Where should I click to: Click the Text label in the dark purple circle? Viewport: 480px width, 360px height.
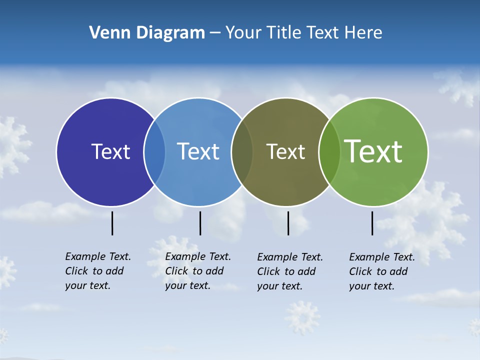pyautogui.click(x=110, y=151)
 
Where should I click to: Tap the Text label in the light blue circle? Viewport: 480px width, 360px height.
pyautogui.click(x=198, y=151)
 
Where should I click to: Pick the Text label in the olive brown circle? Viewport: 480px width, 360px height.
pyautogui.click(x=285, y=151)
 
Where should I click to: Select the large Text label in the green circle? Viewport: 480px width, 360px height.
pyautogui.click(x=373, y=151)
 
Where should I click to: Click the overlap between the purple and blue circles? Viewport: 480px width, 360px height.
pyautogui.click(x=154, y=152)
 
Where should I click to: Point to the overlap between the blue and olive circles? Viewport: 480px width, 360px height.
pyautogui.click(x=242, y=152)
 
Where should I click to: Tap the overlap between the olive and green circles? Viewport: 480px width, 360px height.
pyautogui.click(x=329, y=152)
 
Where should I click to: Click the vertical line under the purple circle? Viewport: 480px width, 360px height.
pyautogui.click(x=112, y=223)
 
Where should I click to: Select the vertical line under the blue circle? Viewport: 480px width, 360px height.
pyautogui.click(x=200, y=223)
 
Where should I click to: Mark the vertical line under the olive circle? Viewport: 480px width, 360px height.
pyautogui.click(x=288, y=223)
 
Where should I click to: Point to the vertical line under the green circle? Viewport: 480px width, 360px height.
pyautogui.click(x=372, y=223)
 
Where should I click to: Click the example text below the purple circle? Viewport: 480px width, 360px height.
pyautogui.click(x=97, y=271)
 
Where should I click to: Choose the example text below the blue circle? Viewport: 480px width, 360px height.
pyautogui.click(x=197, y=271)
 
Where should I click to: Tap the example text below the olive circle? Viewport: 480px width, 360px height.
pyautogui.click(x=289, y=271)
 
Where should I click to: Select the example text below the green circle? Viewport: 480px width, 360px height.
pyautogui.click(x=381, y=271)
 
